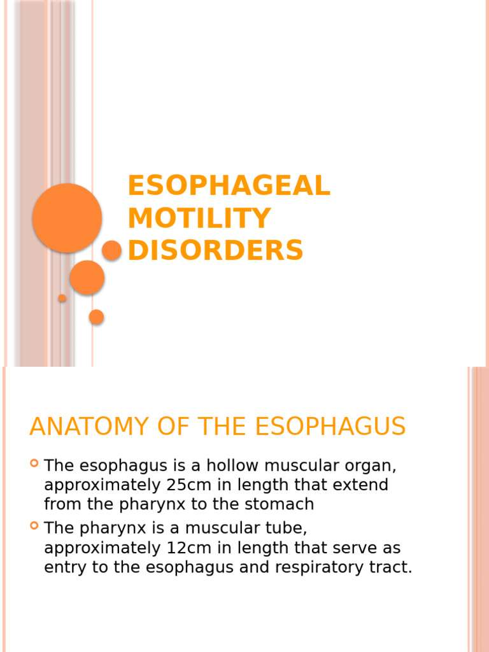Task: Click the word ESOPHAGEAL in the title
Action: pyautogui.click(x=229, y=186)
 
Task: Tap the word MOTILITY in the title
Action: pyautogui.click(x=199, y=218)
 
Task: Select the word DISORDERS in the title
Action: pyautogui.click(x=215, y=250)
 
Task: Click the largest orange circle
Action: pyautogui.click(x=67, y=218)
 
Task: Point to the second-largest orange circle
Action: pyautogui.click(x=87, y=278)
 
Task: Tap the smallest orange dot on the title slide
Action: pyautogui.click(x=62, y=298)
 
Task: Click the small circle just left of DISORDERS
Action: pyautogui.click(x=111, y=250)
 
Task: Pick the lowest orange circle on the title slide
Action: pyautogui.click(x=97, y=316)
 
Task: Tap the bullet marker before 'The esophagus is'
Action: pyautogui.click(x=34, y=463)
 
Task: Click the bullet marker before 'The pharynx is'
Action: pyautogui.click(x=34, y=525)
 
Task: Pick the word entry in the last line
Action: pyautogui.click(x=66, y=567)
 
